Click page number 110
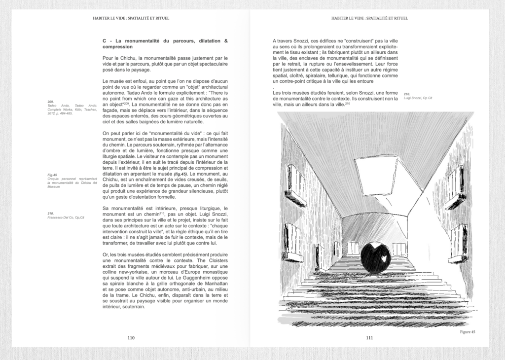(131, 338)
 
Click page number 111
(369, 338)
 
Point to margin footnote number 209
(51, 102)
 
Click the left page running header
(131, 18)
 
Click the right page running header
(369, 18)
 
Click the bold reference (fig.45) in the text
(180, 174)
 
